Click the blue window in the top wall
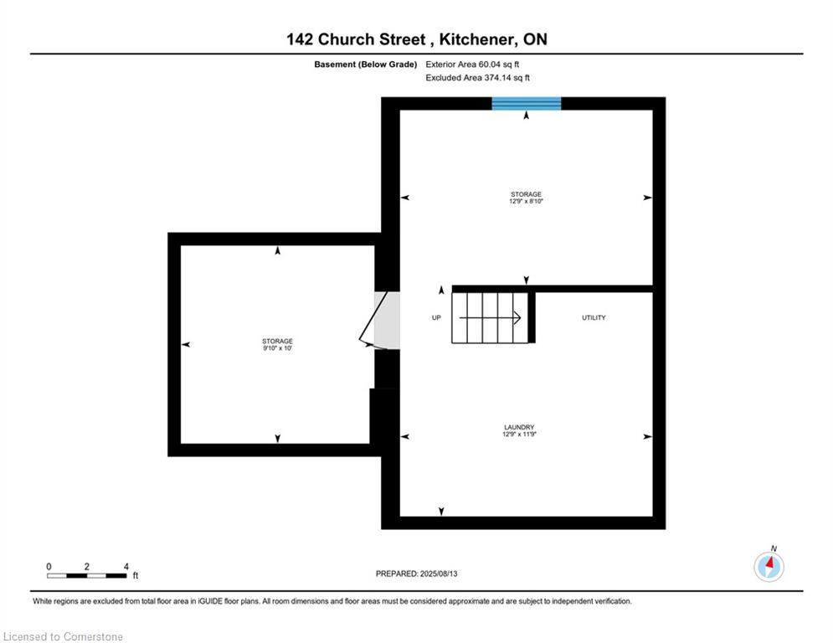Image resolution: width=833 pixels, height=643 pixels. click(x=526, y=104)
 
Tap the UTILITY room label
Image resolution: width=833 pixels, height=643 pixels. click(x=594, y=318)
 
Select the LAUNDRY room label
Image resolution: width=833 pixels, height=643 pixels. click(x=519, y=427)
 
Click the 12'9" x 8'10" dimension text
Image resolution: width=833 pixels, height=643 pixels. click(x=526, y=202)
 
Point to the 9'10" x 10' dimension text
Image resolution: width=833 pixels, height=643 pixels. click(x=277, y=348)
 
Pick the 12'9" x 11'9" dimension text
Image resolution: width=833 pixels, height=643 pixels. click(x=519, y=435)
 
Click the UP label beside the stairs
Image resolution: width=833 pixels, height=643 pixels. click(x=436, y=318)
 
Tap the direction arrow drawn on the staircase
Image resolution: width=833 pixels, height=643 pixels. click(x=490, y=318)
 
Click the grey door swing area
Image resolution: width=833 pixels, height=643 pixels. click(x=387, y=320)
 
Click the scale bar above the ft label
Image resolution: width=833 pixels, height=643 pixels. click(x=86, y=575)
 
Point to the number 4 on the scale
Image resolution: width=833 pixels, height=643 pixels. click(x=126, y=567)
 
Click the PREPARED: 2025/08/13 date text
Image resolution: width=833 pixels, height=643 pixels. click(x=417, y=574)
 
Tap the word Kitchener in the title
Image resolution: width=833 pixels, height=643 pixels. click(x=476, y=39)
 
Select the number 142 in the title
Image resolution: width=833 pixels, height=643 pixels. click(x=300, y=39)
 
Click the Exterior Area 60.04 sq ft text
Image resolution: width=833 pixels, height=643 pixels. click(x=472, y=64)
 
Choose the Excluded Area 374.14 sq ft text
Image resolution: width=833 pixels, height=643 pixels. click(x=477, y=78)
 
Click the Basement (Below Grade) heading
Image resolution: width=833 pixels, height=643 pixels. click(x=366, y=64)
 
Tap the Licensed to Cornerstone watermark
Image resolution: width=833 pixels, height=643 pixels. click(x=63, y=636)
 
